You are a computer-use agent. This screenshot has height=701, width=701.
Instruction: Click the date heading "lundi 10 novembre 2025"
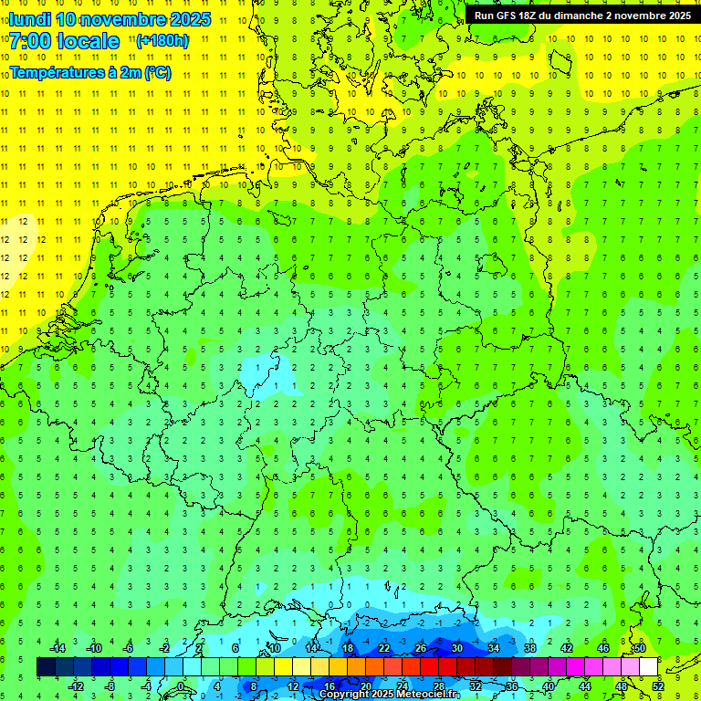(110, 19)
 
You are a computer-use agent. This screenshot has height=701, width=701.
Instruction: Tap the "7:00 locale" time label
(64, 41)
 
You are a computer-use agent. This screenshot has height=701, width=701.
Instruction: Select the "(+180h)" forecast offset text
(162, 40)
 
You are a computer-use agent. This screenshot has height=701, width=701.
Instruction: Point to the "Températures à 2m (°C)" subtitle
(89, 73)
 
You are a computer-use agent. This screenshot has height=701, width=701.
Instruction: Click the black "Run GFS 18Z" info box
(582, 15)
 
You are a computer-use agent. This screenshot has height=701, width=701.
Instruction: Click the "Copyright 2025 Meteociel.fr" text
(389, 694)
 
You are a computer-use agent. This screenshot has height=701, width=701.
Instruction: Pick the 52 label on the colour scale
(657, 686)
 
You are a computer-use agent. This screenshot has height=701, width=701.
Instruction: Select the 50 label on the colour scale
(639, 648)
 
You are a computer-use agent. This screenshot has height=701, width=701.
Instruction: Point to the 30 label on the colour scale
(456, 648)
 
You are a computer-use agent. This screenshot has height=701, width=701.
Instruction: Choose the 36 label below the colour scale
(511, 686)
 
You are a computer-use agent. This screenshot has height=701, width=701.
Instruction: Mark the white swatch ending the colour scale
(648, 667)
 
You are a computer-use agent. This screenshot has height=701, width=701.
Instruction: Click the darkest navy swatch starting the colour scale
(46, 667)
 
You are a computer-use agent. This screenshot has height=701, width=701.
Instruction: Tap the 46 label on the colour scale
(602, 648)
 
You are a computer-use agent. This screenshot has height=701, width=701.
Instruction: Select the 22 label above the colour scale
(383, 648)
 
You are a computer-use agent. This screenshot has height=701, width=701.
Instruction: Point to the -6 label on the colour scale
(129, 648)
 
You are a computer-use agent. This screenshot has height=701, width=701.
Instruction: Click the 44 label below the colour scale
(584, 686)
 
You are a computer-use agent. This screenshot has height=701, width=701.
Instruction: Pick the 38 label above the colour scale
(529, 648)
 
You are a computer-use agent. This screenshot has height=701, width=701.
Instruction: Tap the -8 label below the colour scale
(110, 686)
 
